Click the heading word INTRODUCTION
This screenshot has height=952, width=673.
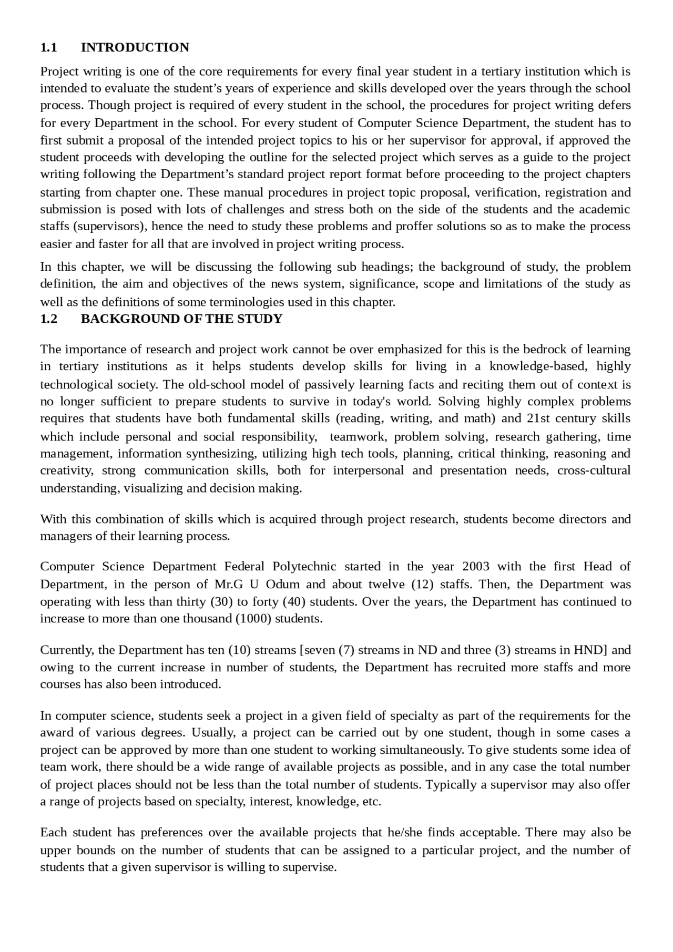click(x=135, y=47)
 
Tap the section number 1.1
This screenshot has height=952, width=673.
click(x=48, y=47)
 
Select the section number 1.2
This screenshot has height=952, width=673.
click(x=48, y=319)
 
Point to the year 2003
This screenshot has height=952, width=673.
click(x=475, y=566)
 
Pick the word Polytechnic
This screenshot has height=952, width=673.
click(x=304, y=566)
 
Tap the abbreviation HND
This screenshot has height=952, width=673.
click(x=588, y=650)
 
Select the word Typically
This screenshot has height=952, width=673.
click(x=452, y=784)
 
